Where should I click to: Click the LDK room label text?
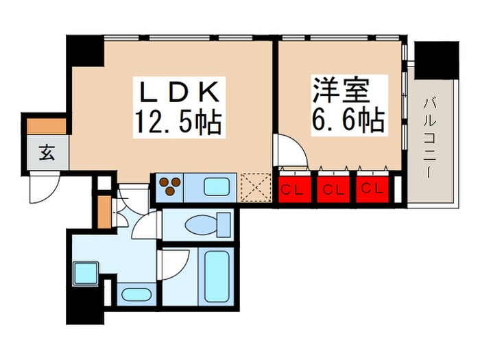pos(180,92)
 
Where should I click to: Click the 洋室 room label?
pos(340,91)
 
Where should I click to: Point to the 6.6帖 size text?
pos(348,119)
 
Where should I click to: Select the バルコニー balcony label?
pos(430,137)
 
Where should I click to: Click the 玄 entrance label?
pos(47,152)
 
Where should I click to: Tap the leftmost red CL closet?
pos(295,189)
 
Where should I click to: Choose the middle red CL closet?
pos(333,189)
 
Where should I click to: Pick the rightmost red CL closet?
pos(372,189)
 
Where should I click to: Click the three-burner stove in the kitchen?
pos(170,186)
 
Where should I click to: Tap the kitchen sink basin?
pos(217,187)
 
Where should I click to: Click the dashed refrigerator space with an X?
pos(256,187)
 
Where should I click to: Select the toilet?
pos(208,225)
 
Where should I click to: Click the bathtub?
pos(217,276)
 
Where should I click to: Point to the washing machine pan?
pos(86,273)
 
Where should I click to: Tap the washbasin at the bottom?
pos(136,294)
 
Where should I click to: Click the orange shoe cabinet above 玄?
pos(47,126)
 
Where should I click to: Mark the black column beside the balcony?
pos(437,60)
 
